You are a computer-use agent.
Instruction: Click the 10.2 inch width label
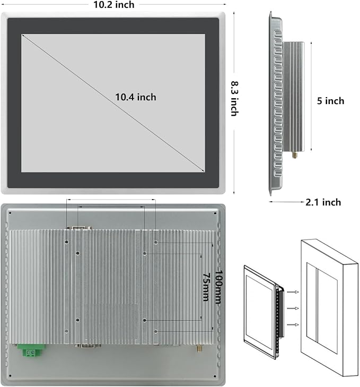(x=113, y=5)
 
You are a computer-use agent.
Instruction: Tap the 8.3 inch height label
(x=234, y=99)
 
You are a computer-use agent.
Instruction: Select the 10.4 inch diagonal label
(x=136, y=97)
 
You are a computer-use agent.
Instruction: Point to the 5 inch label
(x=330, y=101)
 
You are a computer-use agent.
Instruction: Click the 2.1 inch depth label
(x=323, y=202)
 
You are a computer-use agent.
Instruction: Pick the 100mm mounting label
(x=219, y=287)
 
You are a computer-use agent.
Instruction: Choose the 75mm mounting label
(x=206, y=287)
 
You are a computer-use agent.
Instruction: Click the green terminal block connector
(x=31, y=350)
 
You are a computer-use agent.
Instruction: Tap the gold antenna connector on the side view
(x=295, y=155)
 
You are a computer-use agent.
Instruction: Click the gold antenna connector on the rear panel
(x=199, y=348)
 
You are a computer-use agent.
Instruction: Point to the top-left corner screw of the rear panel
(x=10, y=213)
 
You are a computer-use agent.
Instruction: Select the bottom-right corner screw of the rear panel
(x=215, y=376)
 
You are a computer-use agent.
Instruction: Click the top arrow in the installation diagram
(x=293, y=292)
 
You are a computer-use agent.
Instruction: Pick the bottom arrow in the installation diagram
(x=293, y=324)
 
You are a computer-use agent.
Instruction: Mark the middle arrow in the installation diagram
(x=293, y=308)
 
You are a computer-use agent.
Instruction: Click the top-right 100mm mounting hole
(x=155, y=242)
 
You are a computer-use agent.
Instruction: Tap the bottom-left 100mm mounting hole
(x=66, y=331)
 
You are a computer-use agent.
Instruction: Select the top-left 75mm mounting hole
(x=78, y=253)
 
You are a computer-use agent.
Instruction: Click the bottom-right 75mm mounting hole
(x=145, y=320)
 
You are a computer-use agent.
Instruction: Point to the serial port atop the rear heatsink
(x=78, y=227)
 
